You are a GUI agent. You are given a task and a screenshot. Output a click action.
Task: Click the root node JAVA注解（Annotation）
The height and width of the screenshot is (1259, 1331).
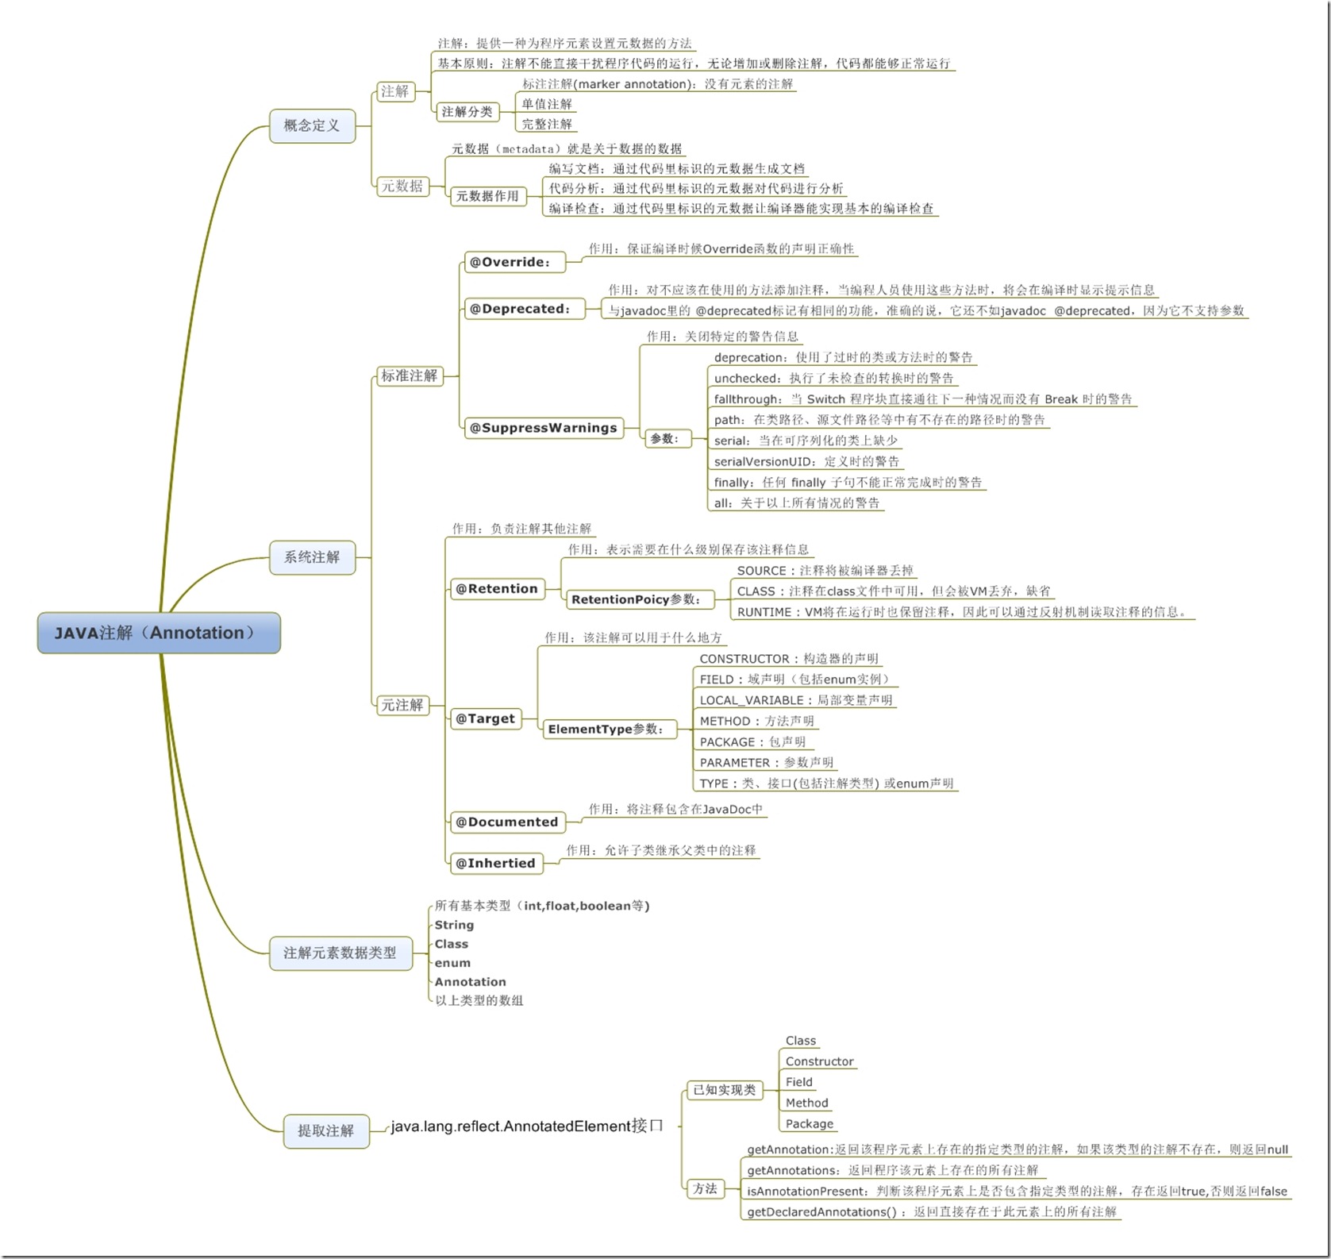pos(159,633)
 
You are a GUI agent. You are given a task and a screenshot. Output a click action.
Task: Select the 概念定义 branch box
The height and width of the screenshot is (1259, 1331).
pos(312,125)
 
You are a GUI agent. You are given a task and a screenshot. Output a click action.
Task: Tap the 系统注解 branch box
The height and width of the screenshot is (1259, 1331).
pos(312,557)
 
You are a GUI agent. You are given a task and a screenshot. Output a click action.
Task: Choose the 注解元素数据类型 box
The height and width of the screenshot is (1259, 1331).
pos(340,953)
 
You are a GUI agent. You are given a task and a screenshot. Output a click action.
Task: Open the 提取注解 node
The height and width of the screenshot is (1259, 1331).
pos(325,1130)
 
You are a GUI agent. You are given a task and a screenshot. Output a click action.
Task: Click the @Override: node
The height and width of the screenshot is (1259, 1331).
pos(511,262)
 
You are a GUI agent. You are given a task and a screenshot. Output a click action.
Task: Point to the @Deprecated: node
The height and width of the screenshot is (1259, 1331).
pos(521,309)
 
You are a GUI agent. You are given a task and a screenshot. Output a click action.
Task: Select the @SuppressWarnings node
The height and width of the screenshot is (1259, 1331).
pos(543,428)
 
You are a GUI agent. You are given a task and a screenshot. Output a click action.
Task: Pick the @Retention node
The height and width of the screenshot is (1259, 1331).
pos(497,589)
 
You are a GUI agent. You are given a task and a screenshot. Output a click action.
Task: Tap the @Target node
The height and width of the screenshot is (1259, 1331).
pos(485,718)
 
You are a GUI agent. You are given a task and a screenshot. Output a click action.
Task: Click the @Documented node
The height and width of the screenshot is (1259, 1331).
pos(506,822)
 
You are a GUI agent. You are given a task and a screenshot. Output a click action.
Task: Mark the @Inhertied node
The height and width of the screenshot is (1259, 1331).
pos(495,863)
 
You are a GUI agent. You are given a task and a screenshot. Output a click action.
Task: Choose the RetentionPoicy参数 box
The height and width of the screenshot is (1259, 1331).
pos(637,599)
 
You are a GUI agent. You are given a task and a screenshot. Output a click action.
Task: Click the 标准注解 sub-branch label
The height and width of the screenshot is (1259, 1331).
pos(409,375)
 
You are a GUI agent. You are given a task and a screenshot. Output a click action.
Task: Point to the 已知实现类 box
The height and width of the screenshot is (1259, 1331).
pos(724,1090)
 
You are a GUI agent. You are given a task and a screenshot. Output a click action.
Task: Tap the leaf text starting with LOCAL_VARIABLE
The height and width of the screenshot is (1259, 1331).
pos(795,700)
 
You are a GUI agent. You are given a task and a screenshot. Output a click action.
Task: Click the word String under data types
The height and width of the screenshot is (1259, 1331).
pos(454,925)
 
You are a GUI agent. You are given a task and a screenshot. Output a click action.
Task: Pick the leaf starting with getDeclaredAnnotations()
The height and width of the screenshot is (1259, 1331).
pos(931,1212)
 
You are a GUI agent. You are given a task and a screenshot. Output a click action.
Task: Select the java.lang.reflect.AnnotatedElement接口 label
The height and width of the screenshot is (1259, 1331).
pos(526,1126)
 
